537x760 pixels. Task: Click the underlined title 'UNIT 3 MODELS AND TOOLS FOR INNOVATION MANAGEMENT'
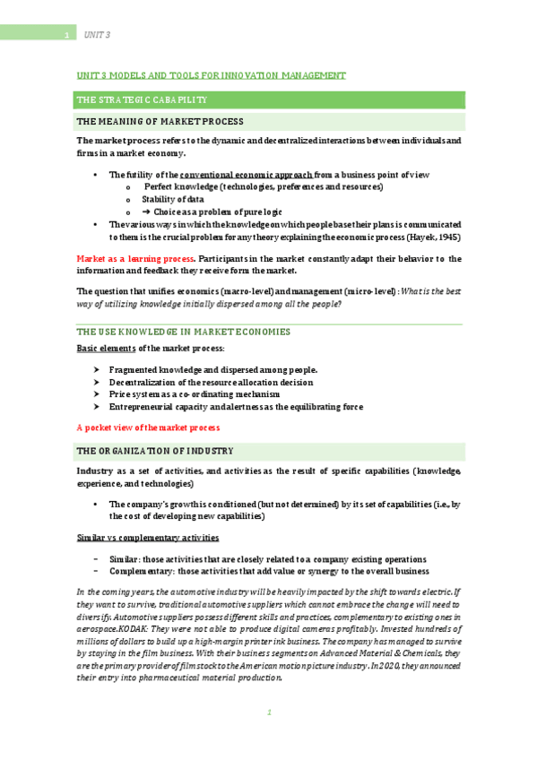211,75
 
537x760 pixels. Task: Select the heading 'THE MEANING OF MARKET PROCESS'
160,121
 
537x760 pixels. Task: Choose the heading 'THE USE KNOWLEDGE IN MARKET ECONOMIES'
184,332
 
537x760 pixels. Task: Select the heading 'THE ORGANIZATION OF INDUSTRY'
155,450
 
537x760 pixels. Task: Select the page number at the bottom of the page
268,712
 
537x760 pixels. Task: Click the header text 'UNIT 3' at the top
97,34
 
